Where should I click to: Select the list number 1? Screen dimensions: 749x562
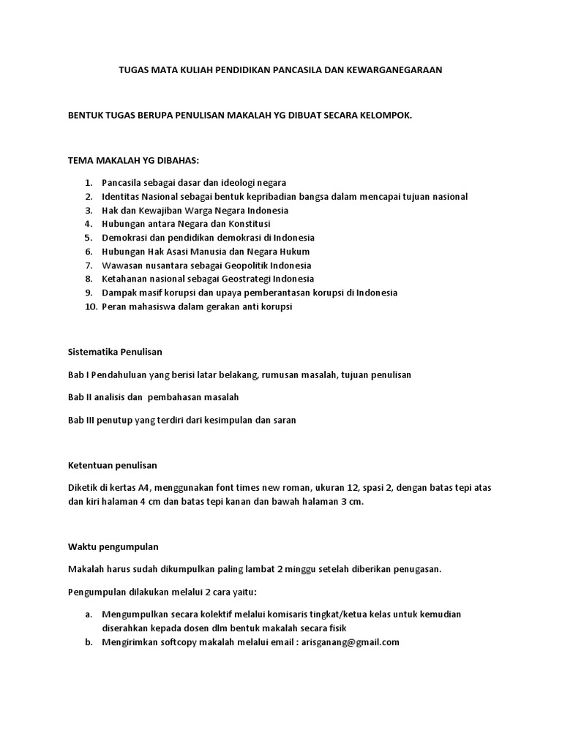(88, 182)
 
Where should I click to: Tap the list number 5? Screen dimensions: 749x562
(88, 238)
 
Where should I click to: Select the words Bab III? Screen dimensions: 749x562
(80, 421)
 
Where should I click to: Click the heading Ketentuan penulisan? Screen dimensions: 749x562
(112, 465)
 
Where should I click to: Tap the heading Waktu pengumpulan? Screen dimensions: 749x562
(113, 546)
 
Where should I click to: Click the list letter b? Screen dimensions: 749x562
(88, 642)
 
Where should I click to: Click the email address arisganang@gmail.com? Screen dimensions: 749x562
(350, 642)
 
